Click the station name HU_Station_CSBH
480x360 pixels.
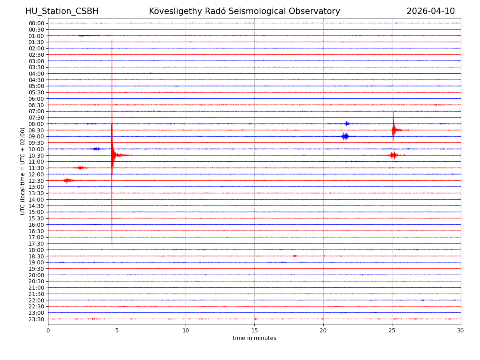62,11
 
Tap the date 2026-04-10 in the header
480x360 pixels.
430,11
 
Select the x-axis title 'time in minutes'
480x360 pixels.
254,338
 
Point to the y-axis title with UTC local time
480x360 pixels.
23,171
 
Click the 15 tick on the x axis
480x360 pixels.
254,330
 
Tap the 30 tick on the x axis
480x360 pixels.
461,330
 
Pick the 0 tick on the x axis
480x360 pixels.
48,330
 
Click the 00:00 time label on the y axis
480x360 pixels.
36,23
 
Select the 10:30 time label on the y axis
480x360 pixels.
36,155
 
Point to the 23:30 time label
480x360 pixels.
36,319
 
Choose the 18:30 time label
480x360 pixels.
36,256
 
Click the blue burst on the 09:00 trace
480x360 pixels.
345,136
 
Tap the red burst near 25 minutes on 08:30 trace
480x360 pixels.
395,130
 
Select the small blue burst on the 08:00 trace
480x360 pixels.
346,124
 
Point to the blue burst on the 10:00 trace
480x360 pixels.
96,149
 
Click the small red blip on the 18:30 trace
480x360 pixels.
295,256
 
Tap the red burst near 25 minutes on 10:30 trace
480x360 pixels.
394,155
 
